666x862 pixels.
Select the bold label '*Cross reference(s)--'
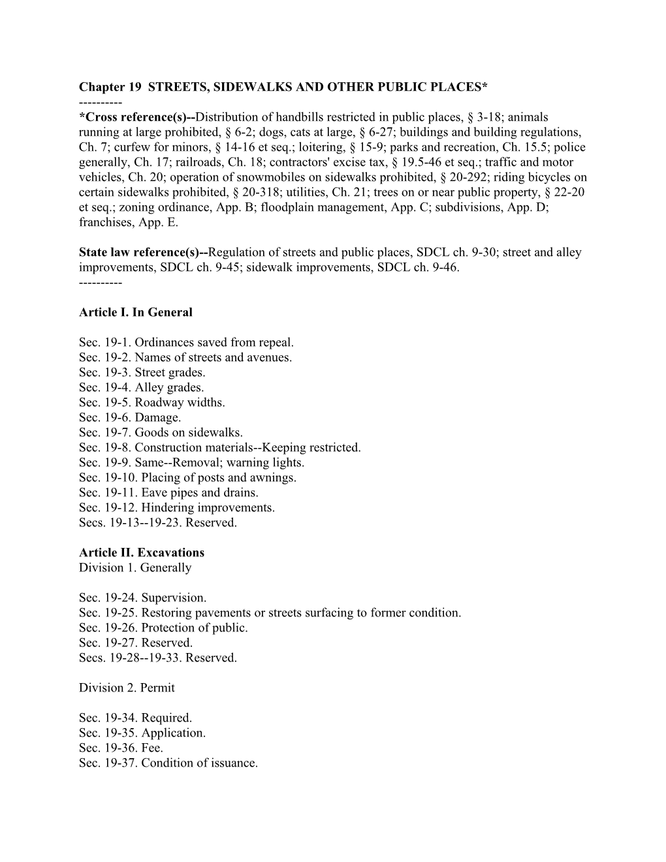pyautogui.click(x=137, y=118)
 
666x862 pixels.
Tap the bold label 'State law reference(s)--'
pyautogui.click(x=143, y=252)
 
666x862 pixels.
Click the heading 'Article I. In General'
pyautogui.click(x=136, y=312)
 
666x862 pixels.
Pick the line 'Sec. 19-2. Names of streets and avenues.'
pyautogui.click(x=185, y=357)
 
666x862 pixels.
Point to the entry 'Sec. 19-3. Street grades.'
pyautogui.click(x=142, y=372)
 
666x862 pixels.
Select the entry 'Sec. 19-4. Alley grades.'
pyautogui.click(x=141, y=387)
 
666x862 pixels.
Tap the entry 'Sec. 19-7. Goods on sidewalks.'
pyautogui.click(x=161, y=432)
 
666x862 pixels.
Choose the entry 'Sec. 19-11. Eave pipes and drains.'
pyautogui.click(x=168, y=492)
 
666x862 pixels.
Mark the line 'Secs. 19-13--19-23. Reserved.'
pyautogui.click(x=158, y=522)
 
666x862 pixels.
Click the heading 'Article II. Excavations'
pyautogui.click(x=142, y=552)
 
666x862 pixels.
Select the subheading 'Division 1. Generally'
pyautogui.click(x=135, y=567)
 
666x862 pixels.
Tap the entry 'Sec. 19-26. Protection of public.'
pyautogui.click(x=163, y=628)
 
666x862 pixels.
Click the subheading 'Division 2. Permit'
pyautogui.click(x=127, y=688)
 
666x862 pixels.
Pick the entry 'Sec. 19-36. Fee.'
pyautogui.click(x=121, y=748)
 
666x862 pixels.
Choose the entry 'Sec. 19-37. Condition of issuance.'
pyautogui.click(x=168, y=763)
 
